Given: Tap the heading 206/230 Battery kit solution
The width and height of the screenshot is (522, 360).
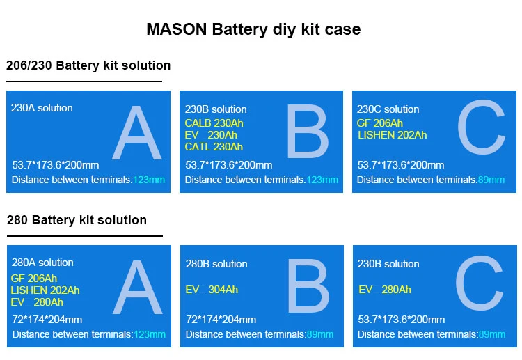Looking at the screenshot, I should coord(88,65).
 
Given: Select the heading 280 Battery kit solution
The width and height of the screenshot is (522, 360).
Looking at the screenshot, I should coord(77,220).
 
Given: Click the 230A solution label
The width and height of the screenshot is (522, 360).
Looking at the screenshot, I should coord(42,108).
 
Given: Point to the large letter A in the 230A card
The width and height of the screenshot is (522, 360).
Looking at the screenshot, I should coord(136,136).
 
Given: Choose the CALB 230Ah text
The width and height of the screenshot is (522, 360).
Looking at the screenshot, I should coord(214,123).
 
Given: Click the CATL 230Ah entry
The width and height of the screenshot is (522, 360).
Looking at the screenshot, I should coord(214,147).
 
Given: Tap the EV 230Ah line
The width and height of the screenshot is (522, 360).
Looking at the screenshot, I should coord(211,135).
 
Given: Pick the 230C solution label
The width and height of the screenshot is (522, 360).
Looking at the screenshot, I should coord(388,109).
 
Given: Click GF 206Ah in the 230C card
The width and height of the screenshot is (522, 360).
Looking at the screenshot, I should coord(379,123).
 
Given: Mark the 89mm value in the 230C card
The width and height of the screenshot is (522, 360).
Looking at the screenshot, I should coord(491,180).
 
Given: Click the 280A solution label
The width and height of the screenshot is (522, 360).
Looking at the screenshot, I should coord(42,263).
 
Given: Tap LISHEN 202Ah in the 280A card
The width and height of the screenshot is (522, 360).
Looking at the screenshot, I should coord(45,290).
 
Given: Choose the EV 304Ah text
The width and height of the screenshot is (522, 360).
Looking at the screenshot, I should coord(212,290).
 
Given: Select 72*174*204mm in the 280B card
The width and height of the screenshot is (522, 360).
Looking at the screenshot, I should coord(221,320).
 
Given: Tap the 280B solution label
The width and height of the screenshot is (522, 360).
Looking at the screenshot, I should coord(216,264).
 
